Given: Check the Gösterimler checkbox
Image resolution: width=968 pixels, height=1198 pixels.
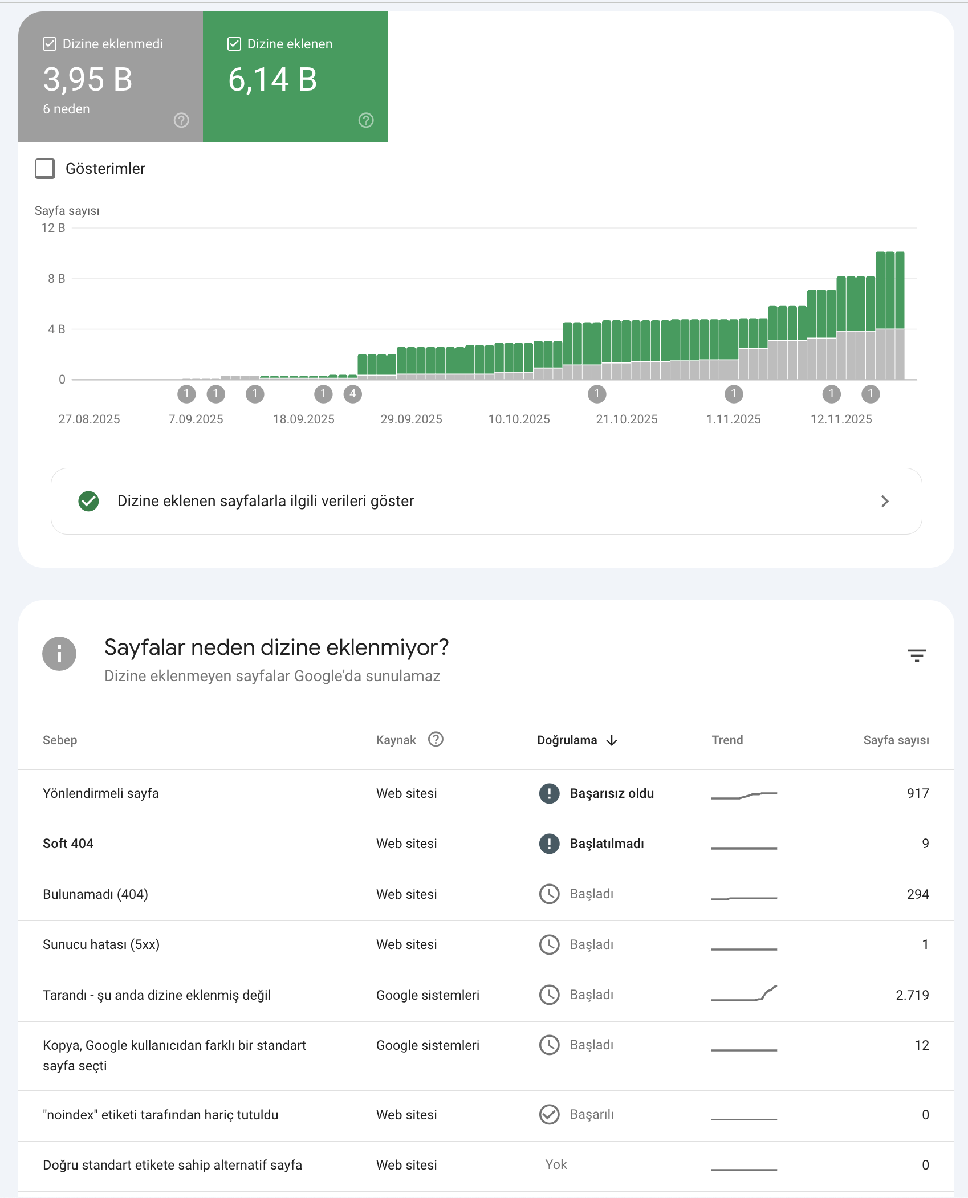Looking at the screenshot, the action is (45, 169).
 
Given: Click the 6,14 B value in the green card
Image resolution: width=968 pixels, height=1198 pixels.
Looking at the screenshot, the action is (272, 79).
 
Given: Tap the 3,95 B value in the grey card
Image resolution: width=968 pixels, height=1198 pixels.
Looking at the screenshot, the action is (88, 79).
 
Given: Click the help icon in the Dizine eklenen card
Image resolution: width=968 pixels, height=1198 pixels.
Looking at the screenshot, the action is (366, 120).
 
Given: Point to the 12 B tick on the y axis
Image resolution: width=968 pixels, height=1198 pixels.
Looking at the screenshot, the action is (53, 228).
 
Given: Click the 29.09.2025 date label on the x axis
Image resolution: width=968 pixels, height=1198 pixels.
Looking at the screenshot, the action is (412, 419).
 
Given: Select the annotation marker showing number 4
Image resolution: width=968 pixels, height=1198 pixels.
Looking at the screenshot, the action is (353, 394).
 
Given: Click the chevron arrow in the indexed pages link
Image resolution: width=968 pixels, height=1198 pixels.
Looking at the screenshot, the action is (885, 501).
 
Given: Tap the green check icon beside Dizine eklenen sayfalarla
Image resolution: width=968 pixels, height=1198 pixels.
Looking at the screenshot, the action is (88, 501).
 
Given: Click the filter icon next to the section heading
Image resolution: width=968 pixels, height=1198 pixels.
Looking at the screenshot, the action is (917, 655).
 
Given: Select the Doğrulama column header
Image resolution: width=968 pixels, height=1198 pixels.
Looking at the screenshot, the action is (567, 740).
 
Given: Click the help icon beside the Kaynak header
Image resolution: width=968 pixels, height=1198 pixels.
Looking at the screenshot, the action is (436, 739).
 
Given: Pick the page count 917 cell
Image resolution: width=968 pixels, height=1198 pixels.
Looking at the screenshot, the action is (918, 793).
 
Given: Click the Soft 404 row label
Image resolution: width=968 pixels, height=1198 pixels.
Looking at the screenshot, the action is (68, 844).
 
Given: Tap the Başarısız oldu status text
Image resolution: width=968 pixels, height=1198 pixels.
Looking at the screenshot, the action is (612, 793).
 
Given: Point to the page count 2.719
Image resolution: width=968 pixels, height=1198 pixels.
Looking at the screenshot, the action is (912, 995).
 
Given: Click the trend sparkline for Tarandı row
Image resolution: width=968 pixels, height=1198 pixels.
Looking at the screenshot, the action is (744, 993).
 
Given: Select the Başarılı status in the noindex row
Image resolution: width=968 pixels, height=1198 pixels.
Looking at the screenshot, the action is (592, 1114).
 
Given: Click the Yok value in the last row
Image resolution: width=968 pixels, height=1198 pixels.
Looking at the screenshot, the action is (556, 1164).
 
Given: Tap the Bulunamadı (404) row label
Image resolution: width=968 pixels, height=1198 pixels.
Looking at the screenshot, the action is (95, 894).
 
